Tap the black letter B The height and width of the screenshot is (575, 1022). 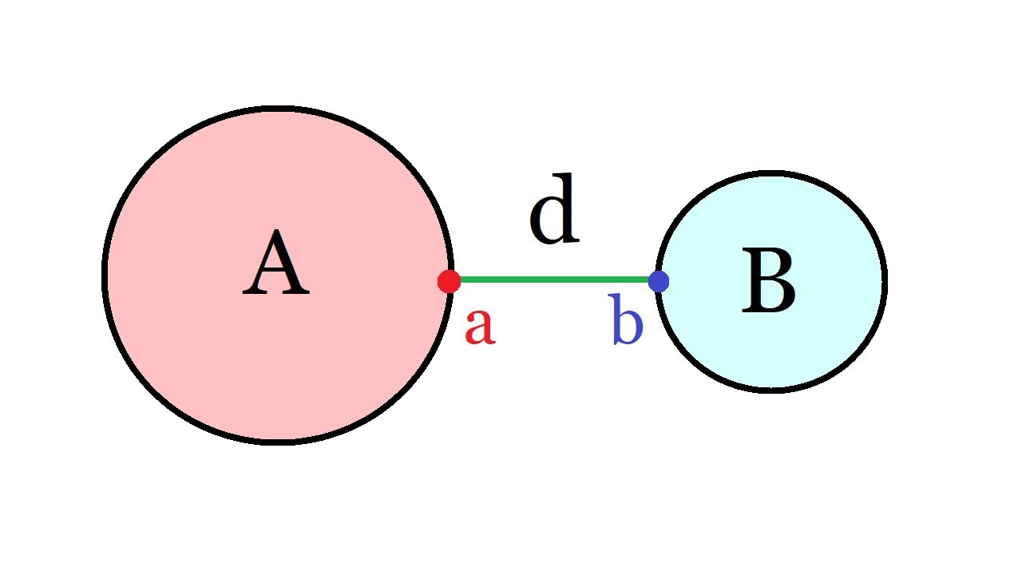click(768, 280)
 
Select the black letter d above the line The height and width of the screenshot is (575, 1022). click(554, 208)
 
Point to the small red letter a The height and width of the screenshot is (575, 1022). click(480, 327)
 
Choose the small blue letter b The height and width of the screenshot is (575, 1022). click(628, 319)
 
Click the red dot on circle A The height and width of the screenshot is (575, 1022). click(449, 281)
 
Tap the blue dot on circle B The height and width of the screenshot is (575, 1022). click(659, 281)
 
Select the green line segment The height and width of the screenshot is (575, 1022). click(554, 280)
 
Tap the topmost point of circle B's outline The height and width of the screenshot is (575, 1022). click(771, 173)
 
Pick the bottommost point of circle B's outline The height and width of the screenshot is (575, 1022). click(771, 391)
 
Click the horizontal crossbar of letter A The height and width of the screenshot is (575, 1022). click(275, 273)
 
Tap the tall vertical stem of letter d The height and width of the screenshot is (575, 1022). click(568, 208)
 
